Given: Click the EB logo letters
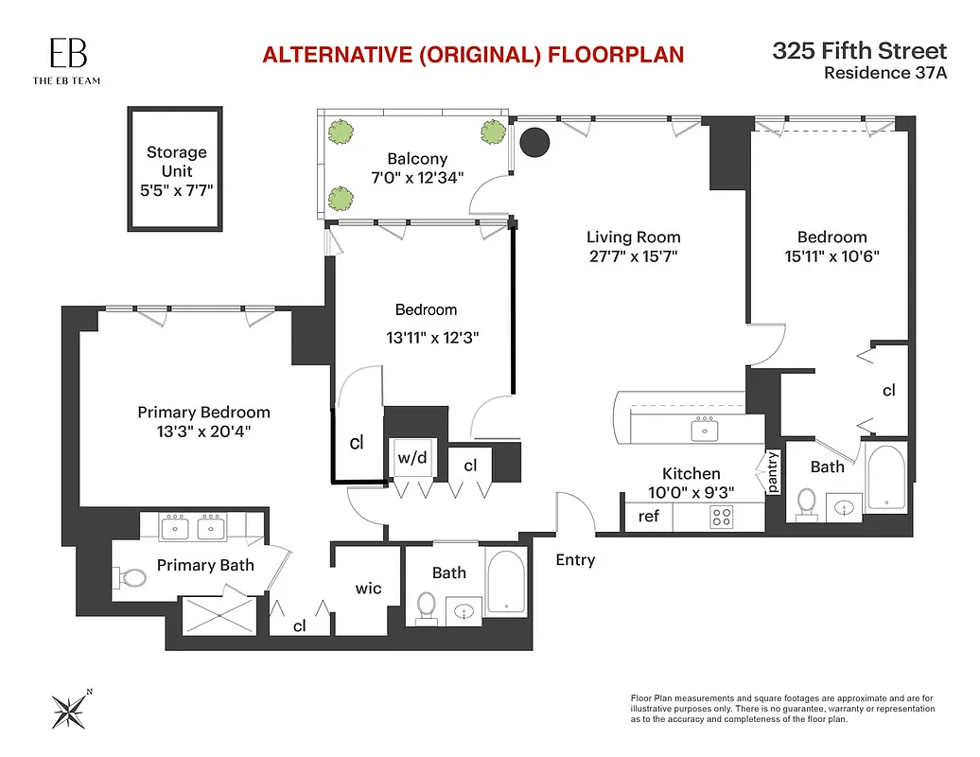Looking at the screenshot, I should [65, 53].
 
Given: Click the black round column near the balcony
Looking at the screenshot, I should [535, 142].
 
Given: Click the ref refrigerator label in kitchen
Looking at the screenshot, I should [649, 517].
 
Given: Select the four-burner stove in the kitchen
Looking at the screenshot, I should [723, 517].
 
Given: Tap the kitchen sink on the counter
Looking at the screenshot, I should [704, 431].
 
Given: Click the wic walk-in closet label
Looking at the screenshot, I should [368, 589].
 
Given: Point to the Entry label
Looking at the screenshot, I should [575, 560].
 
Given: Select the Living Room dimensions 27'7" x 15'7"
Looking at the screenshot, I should [633, 256].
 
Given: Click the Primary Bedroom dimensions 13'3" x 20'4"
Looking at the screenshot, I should [203, 431].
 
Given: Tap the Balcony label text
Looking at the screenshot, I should [417, 159].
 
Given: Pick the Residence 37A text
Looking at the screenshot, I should [884, 72].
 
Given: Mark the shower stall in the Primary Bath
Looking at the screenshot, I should [218, 615].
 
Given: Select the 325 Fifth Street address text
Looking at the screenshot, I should [859, 51].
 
